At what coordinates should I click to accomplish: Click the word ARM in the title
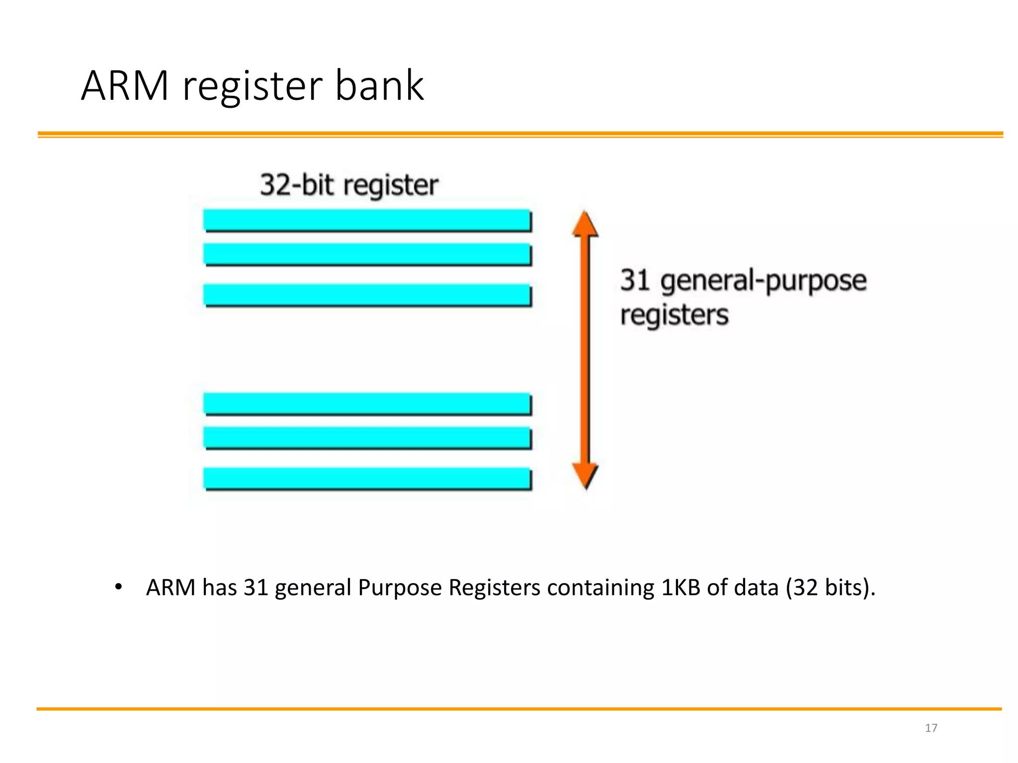pos(125,86)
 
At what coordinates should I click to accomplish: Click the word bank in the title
pos(379,86)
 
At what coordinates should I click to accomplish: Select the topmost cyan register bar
pos(367,220)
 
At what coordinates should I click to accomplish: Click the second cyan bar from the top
pos(367,254)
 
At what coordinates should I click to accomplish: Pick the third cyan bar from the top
pos(367,295)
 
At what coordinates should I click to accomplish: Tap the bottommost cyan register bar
pos(367,478)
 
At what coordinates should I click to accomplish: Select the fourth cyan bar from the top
pos(367,403)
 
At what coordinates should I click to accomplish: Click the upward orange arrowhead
pos(585,225)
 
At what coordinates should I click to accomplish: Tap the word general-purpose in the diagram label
pos(763,281)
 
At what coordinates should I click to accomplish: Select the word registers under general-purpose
pos(674,315)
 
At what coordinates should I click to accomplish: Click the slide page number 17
pos(931,728)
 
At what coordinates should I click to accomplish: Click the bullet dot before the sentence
pos(118,587)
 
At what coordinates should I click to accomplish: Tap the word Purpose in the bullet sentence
pos(400,588)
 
